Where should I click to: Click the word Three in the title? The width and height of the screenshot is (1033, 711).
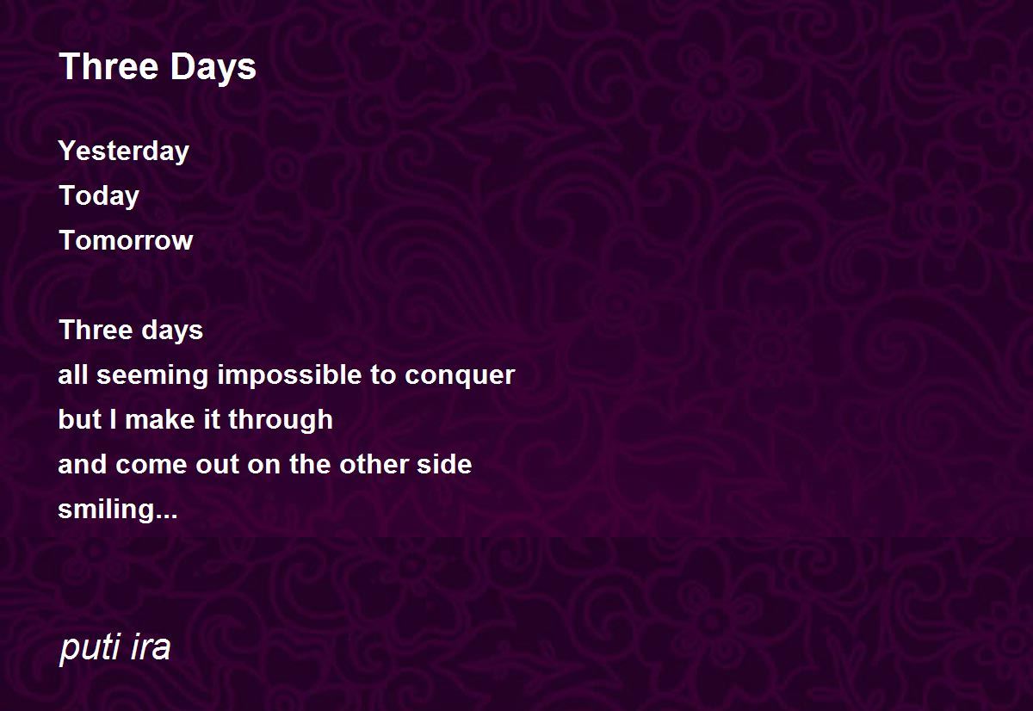108,66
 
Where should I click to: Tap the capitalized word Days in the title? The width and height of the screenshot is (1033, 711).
213,68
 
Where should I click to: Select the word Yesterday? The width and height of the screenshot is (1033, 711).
124,151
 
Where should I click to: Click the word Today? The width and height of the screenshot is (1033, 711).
99,196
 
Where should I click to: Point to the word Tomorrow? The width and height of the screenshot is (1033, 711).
126,240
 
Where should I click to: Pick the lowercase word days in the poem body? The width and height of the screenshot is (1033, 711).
172,331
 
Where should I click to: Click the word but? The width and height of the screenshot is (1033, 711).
80,419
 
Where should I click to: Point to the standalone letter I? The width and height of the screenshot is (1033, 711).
113,419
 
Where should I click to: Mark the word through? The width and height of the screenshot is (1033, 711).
281,421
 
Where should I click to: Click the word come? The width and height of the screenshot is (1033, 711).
152,465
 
